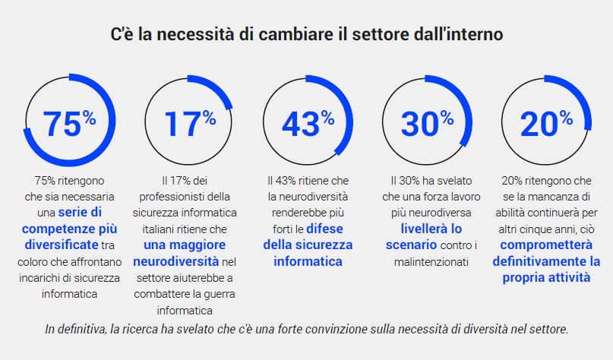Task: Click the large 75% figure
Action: tap(68, 123)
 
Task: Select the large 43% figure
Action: tap(307, 123)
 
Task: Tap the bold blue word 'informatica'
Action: tap(308, 261)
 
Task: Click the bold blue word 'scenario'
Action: tap(411, 245)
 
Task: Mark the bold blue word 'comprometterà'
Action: tap(545, 245)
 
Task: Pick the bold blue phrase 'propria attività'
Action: tap(545, 278)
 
